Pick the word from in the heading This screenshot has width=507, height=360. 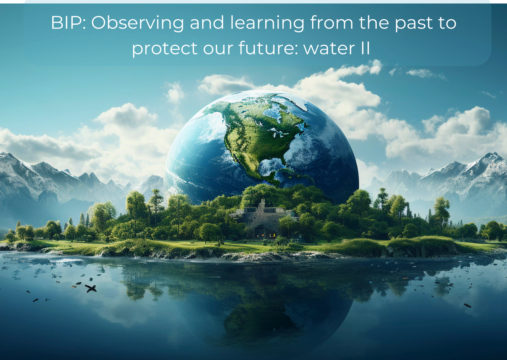tap(331, 23)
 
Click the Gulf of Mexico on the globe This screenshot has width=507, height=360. tap(271, 165)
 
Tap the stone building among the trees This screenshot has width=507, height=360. tap(264, 219)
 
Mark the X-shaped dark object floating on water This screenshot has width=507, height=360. tap(91, 288)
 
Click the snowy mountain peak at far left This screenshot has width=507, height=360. tap(5, 155)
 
